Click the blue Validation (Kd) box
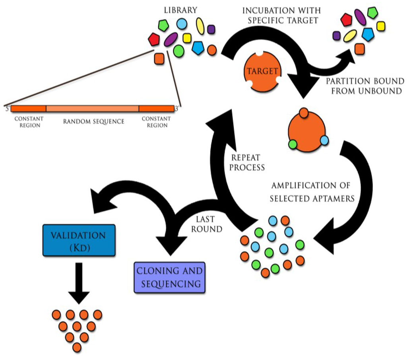pos(79,240)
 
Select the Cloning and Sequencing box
pos(169,277)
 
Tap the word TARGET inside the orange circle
pos(262,71)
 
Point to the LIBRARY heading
pos(181,10)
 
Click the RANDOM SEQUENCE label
pos(94,121)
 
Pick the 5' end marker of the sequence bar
pos(8,109)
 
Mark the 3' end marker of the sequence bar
pos(177,109)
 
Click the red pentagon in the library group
pos(154,39)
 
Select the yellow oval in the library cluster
pos(200,26)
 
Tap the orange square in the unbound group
pos(359,49)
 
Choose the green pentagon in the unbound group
pos(373,12)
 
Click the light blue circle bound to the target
pos(324,140)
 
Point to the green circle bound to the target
pos(293,144)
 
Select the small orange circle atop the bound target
pos(304,113)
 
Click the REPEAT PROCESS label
pos(247,163)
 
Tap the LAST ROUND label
pos(207,224)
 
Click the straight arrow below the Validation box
pos(79,283)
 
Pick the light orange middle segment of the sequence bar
pos(92,109)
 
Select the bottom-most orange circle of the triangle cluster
pos(77,347)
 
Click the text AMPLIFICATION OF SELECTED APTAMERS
pos(312,192)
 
